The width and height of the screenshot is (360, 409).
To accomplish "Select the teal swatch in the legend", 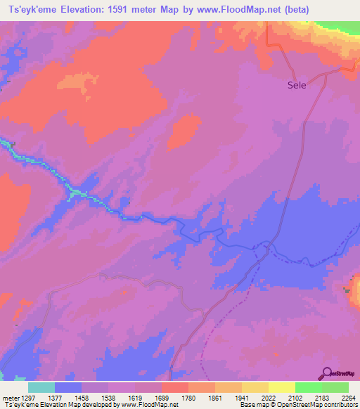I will (41, 387).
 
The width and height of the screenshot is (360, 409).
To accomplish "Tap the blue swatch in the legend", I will (67, 387).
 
